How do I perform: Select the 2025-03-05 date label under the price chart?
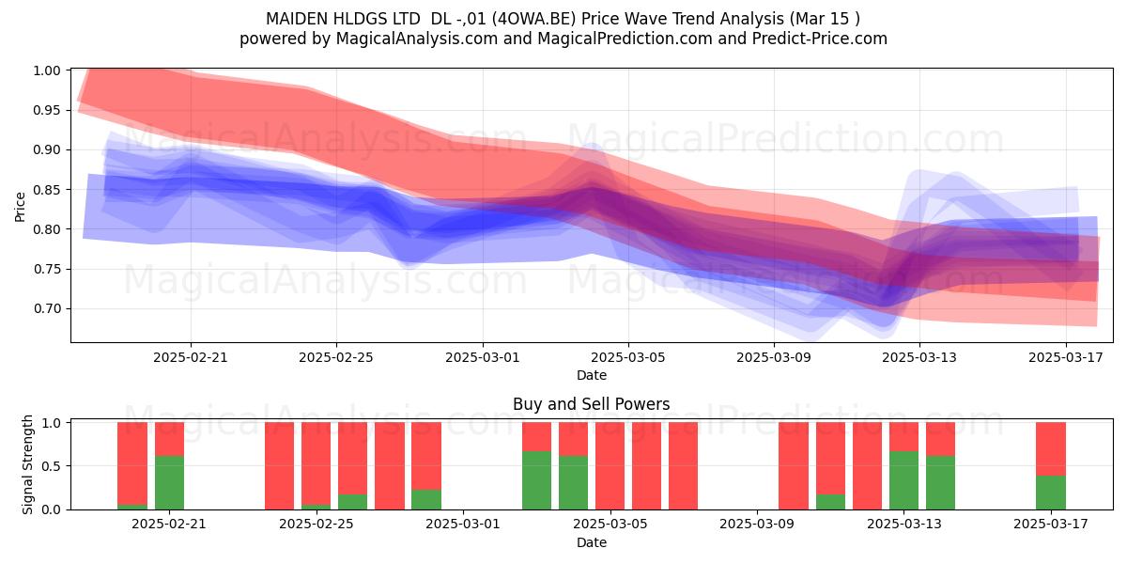pos(628,357)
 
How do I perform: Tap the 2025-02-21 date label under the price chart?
pos(190,357)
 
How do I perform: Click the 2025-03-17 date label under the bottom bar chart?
pos(1051,525)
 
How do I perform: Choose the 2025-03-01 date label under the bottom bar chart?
pos(463,525)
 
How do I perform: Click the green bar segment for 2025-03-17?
pos(1051,493)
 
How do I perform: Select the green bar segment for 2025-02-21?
pos(170,482)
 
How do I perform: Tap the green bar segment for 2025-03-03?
pos(537,480)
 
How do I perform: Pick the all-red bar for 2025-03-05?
pos(610,466)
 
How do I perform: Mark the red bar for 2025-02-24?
pos(279,466)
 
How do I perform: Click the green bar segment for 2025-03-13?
pos(903,480)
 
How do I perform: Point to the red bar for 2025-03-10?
pos(794,466)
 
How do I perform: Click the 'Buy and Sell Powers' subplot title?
pos(591,404)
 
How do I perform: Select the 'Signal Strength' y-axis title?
pos(27,464)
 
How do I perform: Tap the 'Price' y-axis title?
pos(20,207)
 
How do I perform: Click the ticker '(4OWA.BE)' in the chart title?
pos(533,19)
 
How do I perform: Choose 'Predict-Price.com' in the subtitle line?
pos(820,39)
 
